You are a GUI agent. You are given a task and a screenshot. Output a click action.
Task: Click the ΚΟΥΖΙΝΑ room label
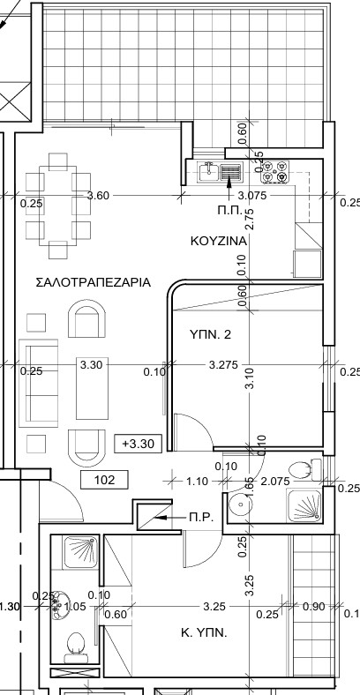tap(217, 240)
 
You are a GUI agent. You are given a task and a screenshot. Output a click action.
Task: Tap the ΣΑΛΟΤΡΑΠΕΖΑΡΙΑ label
tap(93, 283)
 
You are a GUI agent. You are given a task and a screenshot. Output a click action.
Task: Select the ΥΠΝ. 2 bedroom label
tap(210, 334)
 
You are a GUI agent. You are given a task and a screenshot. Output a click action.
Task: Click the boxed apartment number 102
tap(104, 480)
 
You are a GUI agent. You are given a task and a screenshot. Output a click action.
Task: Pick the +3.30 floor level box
tap(139, 443)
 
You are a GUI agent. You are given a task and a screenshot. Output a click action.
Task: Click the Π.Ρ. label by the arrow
tap(201, 518)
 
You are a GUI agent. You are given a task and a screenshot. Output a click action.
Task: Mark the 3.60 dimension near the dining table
tap(98, 196)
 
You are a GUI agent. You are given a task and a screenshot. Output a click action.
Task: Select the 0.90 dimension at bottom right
tap(313, 608)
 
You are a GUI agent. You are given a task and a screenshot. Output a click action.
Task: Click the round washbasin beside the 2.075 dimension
tap(239, 504)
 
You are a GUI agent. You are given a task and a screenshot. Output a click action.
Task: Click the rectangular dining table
tap(58, 206)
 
